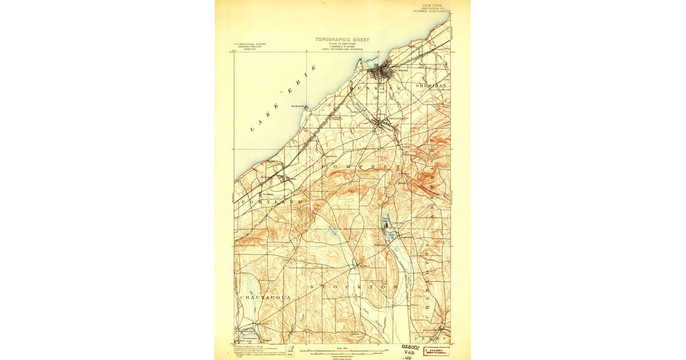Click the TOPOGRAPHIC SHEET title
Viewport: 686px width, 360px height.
(342, 40)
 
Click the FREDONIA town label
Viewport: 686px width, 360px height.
(396, 118)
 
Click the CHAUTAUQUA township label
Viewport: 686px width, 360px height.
(265, 298)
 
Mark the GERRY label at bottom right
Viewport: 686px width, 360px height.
(437, 338)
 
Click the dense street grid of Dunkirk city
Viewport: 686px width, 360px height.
(379, 73)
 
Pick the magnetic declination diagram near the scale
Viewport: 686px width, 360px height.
(293, 349)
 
